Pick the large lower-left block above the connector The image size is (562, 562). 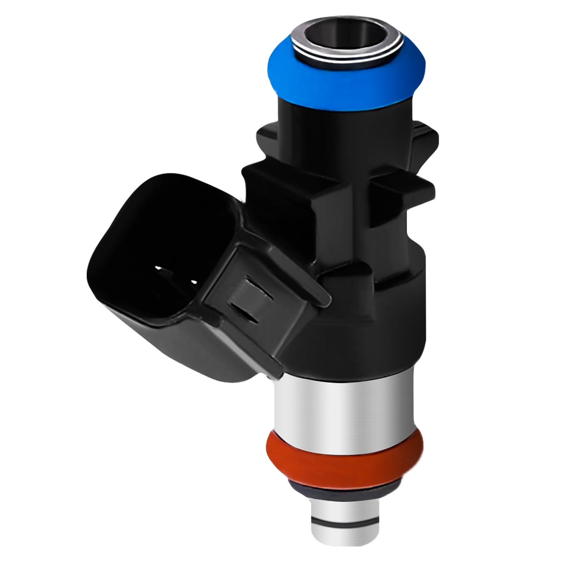[277, 197]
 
